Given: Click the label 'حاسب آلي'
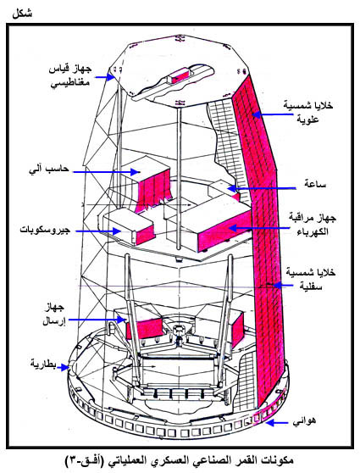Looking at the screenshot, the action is [x=48, y=170].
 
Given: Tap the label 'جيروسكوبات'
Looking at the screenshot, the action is [x=45, y=230].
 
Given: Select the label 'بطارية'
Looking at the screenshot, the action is [x=43, y=364].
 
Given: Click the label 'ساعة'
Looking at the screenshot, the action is [x=315, y=184].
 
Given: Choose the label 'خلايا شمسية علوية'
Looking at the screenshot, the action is [x=307, y=112].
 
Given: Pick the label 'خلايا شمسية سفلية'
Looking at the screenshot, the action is [x=311, y=279].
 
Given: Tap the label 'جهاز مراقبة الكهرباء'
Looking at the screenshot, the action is [x=313, y=225].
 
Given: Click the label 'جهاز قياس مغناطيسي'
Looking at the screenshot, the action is [x=70, y=75].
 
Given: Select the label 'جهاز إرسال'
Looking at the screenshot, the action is [x=53, y=314].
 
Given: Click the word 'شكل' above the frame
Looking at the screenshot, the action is [x=22, y=14].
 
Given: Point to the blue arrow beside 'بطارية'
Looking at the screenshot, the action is [x=63, y=367].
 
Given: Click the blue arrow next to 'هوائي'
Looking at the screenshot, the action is [x=277, y=423].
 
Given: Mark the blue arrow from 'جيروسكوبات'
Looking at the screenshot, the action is [x=98, y=231].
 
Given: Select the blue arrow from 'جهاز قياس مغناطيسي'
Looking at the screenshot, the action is [x=105, y=77].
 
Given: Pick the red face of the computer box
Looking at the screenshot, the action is [x=154, y=188].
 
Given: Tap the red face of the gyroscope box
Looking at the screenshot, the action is [x=144, y=234].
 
